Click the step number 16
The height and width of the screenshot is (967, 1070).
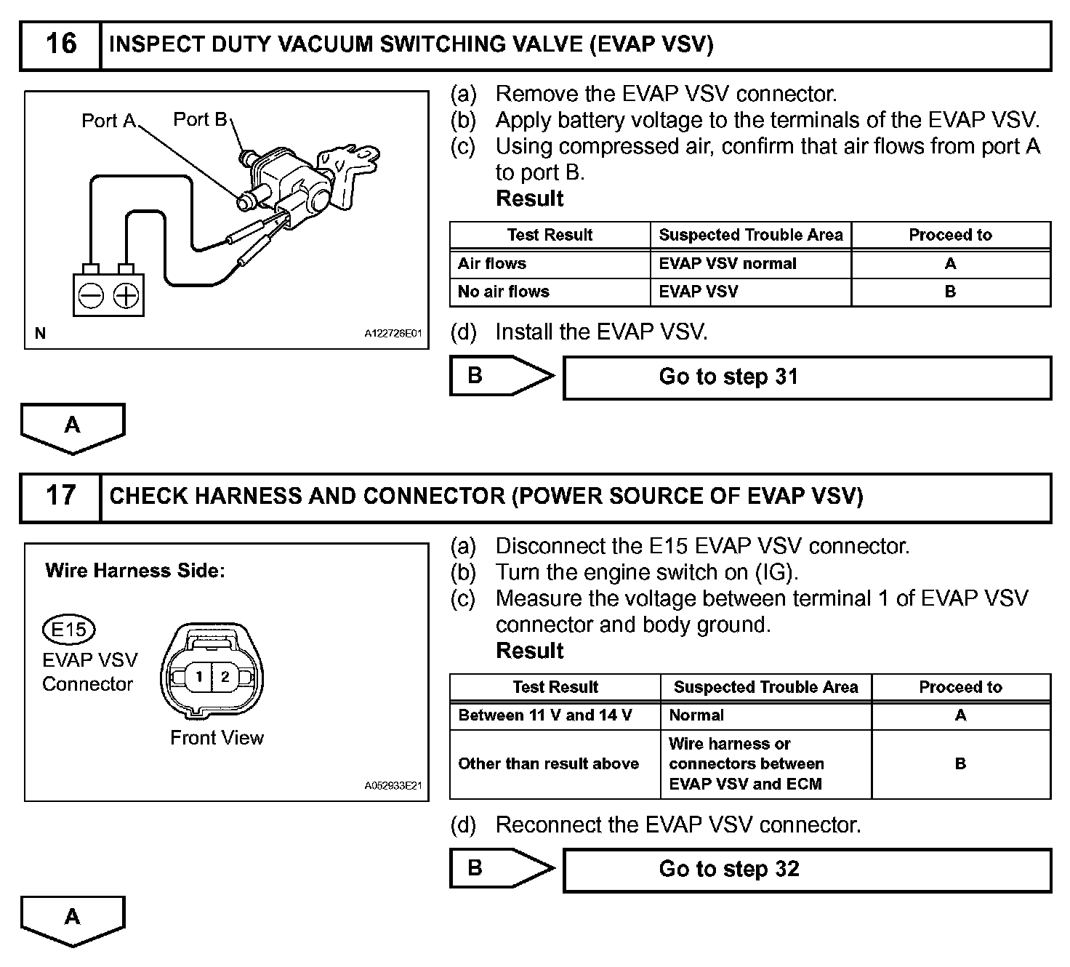coord(60,44)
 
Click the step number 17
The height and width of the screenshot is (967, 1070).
coord(60,496)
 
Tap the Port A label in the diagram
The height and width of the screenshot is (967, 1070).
coord(108,121)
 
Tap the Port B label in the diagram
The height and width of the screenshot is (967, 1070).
coord(200,119)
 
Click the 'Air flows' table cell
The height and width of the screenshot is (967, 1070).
coord(492,263)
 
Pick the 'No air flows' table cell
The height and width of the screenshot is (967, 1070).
coord(504,292)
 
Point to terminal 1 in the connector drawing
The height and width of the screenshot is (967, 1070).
coord(198,677)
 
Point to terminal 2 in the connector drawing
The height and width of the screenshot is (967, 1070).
coord(225,677)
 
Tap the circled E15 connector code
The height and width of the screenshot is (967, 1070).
coord(69,629)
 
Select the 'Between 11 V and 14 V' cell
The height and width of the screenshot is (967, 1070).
coord(545,715)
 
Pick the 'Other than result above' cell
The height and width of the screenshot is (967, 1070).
coord(549,763)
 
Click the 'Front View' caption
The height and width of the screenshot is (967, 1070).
coord(217,738)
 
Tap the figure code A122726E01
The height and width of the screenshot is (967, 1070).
coord(393,334)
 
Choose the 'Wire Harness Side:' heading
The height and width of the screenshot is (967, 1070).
coord(135,571)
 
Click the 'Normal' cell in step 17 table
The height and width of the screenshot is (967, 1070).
coord(696,715)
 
